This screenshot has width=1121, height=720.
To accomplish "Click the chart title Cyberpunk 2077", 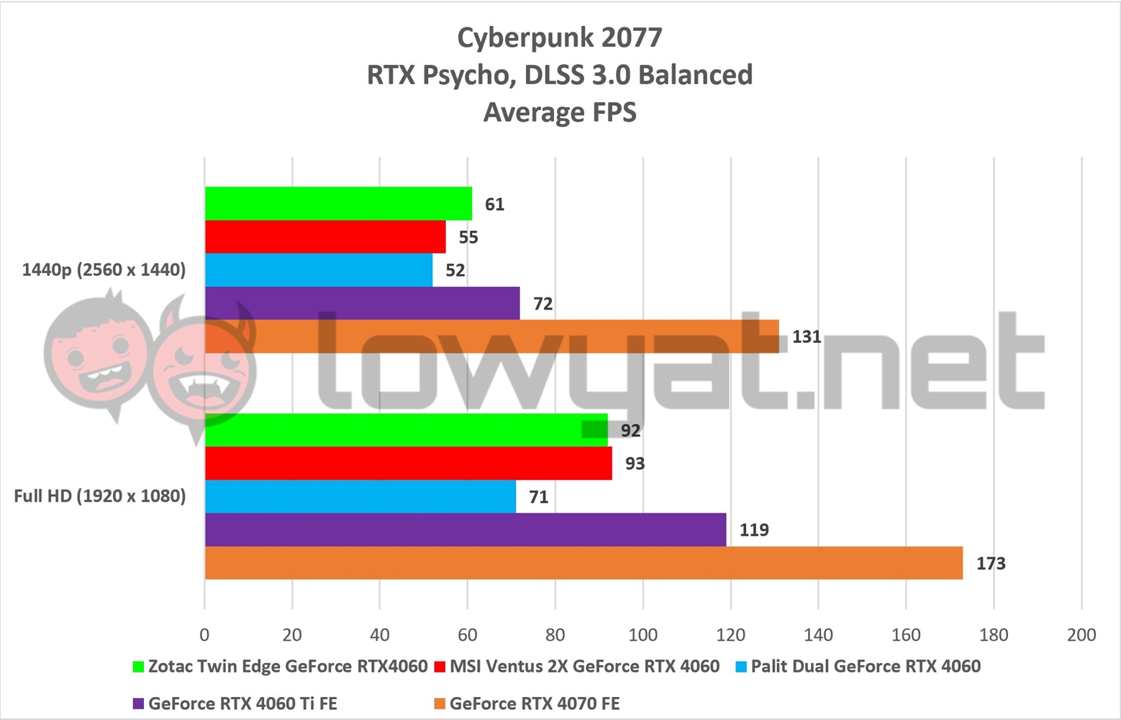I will pyautogui.click(x=560, y=37).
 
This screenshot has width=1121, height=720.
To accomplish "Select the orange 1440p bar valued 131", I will pyautogui.click(x=491, y=336).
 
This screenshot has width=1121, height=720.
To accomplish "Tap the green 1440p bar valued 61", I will pyautogui.click(x=338, y=204).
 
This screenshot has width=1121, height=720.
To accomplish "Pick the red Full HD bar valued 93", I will pyautogui.click(x=408, y=463).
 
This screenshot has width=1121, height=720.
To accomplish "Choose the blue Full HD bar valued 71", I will pyautogui.click(x=360, y=497).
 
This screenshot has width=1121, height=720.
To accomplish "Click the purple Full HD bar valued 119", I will pyautogui.click(x=465, y=530).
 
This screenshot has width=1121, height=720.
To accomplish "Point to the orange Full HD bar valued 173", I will pyautogui.click(x=583, y=563).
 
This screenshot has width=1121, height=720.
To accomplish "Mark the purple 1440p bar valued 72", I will pyautogui.click(x=362, y=303).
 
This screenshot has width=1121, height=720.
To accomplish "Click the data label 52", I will pyautogui.click(x=455, y=271).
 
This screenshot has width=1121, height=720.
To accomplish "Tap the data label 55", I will pyautogui.click(x=468, y=238).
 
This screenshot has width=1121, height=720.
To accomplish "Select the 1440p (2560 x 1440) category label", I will pyautogui.click(x=104, y=270).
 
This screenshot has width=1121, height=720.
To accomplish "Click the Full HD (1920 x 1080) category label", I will pyautogui.click(x=100, y=496).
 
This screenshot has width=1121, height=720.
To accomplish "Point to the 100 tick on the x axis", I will pyautogui.click(x=643, y=634).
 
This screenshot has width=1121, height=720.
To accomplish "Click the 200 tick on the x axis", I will pyautogui.click(x=1081, y=634).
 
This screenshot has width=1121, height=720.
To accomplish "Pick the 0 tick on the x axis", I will pyautogui.click(x=204, y=634).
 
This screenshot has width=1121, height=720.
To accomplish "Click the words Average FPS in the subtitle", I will pyautogui.click(x=560, y=112).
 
